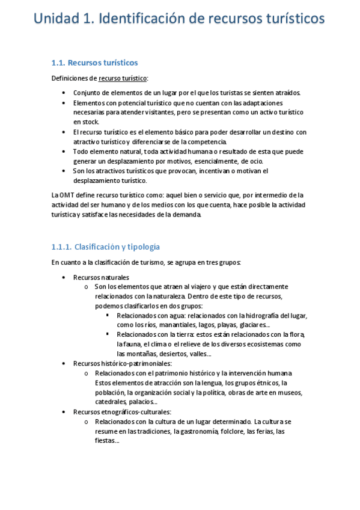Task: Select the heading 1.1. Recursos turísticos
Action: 95,63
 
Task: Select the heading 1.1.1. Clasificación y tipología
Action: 105,247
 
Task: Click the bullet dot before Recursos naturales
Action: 64,277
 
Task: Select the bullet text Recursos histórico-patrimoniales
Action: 123,363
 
